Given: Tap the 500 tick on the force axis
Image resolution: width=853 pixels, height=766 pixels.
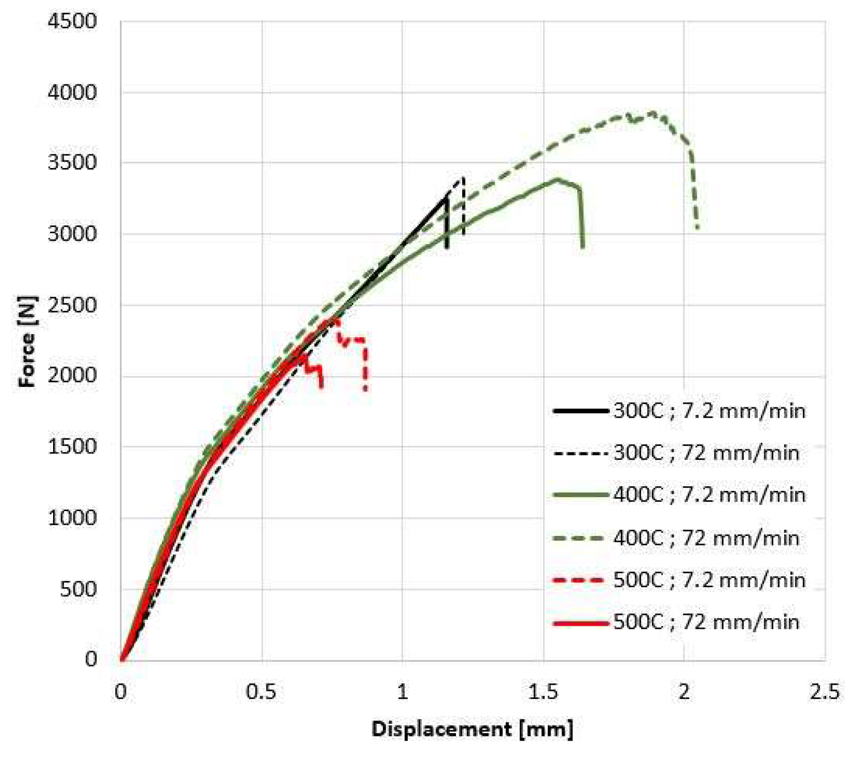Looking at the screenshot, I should pyautogui.click(x=78, y=589).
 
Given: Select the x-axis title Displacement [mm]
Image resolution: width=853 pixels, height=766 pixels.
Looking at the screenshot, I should pyautogui.click(x=473, y=729).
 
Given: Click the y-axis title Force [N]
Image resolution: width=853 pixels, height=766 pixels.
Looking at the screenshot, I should pyautogui.click(x=27, y=341).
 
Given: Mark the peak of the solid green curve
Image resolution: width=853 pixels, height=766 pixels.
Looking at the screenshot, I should pyautogui.click(x=558, y=179).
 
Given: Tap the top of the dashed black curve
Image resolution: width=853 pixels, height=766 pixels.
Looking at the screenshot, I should pyautogui.click(x=463, y=178).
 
